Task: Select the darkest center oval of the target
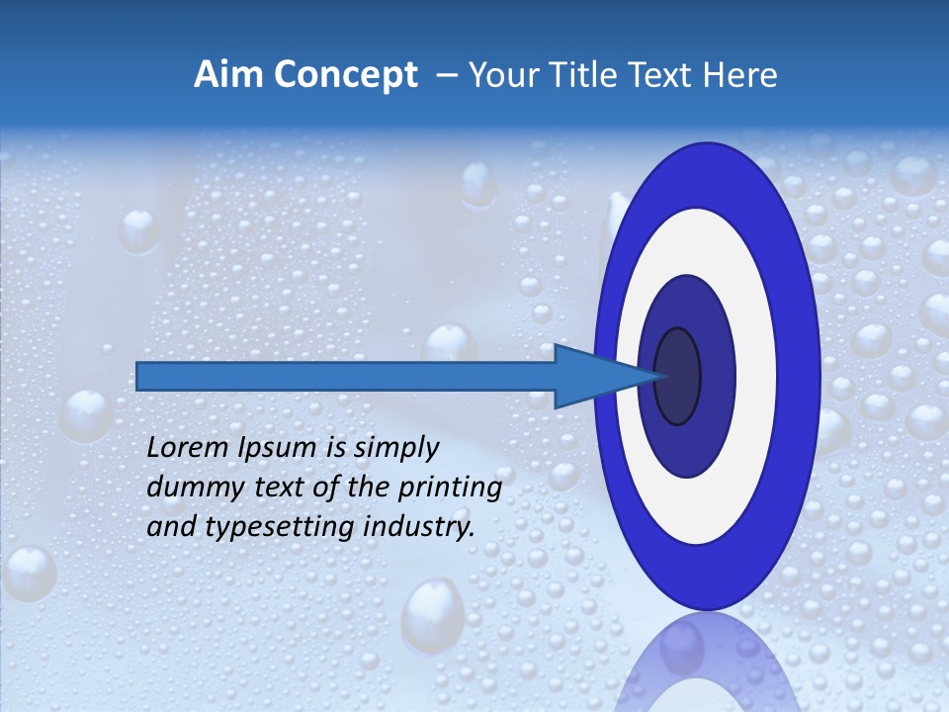point(677,376)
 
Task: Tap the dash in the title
point(446,75)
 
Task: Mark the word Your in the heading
point(503,75)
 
